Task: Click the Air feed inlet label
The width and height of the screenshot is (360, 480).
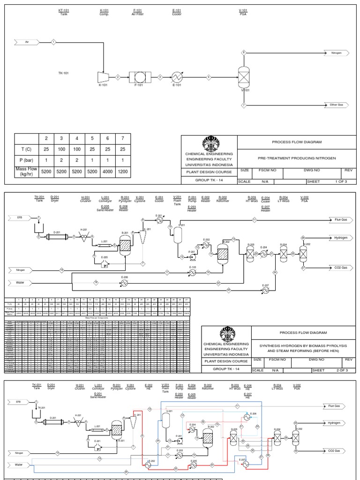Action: tap(27, 42)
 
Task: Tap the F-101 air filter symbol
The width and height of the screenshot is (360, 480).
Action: tap(138, 77)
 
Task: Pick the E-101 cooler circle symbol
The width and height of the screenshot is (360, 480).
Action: tap(177, 77)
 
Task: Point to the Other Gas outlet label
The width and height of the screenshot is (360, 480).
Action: tap(337, 105)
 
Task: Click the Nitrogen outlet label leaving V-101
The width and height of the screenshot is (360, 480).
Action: tap(337, 53)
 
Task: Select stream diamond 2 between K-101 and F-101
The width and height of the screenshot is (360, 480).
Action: tap(118, 77)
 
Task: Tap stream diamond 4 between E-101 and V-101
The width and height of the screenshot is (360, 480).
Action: tap(209, 77)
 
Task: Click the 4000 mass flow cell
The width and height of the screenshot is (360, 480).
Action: tap(108, 172)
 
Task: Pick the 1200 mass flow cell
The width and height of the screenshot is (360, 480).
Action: tap(123, 172)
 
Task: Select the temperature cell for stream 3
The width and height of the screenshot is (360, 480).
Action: tap(61, 150)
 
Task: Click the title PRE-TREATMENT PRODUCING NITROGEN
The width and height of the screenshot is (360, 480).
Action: tap(298, 158)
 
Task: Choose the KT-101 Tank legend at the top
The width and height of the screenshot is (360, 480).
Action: tap(63, 12)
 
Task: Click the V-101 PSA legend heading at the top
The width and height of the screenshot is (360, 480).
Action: tap(243, 12)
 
